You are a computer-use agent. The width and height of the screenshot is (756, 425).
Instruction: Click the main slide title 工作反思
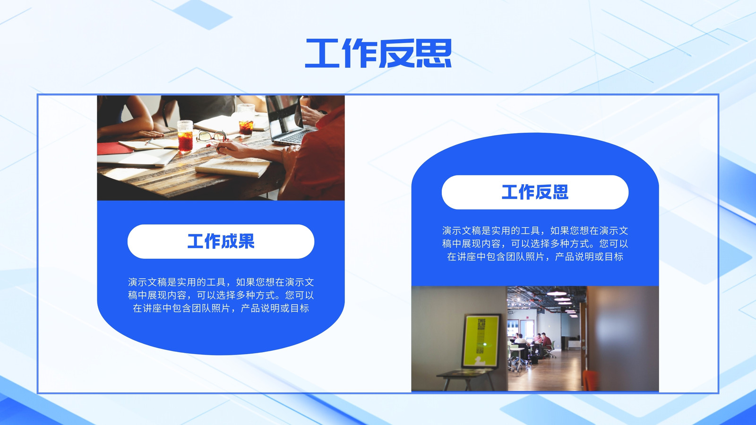click(378, 53)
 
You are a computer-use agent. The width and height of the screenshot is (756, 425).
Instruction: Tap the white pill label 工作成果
click(221, 241)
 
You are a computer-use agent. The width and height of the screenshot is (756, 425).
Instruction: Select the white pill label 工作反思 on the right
click(535, 192)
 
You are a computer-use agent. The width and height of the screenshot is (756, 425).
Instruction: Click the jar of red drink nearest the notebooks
click(185, 136)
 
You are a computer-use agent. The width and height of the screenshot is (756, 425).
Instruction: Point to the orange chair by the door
click(590, 381)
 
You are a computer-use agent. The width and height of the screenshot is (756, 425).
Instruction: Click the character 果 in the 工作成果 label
click(246, 241)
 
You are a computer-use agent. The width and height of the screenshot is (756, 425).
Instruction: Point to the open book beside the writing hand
click(233, 167)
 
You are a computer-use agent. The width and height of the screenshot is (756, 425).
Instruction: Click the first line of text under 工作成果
click(221, 282)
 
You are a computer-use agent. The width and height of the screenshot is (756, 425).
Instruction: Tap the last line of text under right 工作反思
click(535, 257)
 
